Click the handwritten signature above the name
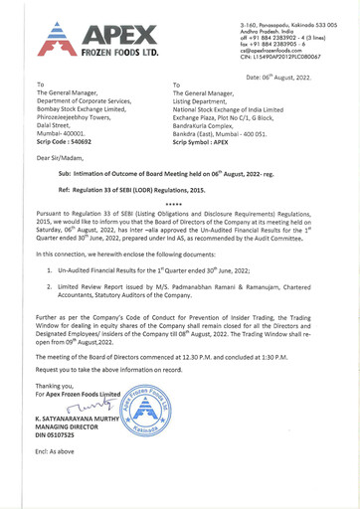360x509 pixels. coord(88,406)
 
